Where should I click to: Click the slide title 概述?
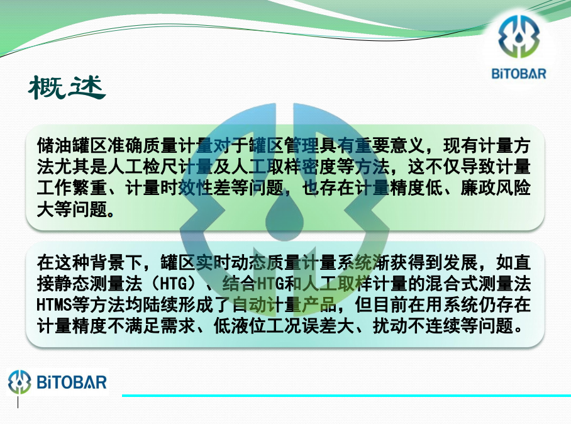click(x=67, y=87)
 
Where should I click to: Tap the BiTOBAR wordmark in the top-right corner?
click(x=519, y=74)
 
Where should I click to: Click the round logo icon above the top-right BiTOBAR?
click(x=519, y=36)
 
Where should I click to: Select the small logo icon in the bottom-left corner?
click(x=19, y=382)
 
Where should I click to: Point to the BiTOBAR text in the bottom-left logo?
click(x=72, y=382)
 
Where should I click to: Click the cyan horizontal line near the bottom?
click(x=346, y=395)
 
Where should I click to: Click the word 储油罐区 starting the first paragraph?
click(x=72, y=146)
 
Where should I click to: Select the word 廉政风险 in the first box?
click(x=496, y=188)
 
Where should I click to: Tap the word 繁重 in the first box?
click(x=89, y=188)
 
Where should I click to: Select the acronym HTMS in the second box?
click(x=54, y=305)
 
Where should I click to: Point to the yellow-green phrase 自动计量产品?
click(x=284, y=305)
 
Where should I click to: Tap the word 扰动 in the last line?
click(x=390, y=326)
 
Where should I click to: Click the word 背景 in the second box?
click(x=107, y=262)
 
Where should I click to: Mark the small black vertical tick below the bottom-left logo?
click(x=18, y=403)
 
